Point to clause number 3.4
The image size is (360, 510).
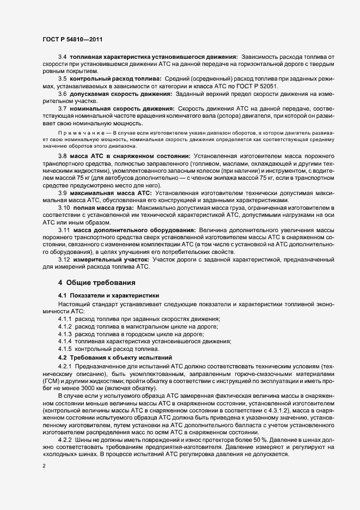(x=62, y=57)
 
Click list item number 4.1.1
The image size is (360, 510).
(x=65, y=318)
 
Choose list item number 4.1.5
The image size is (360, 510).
(x=65, y=349)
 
